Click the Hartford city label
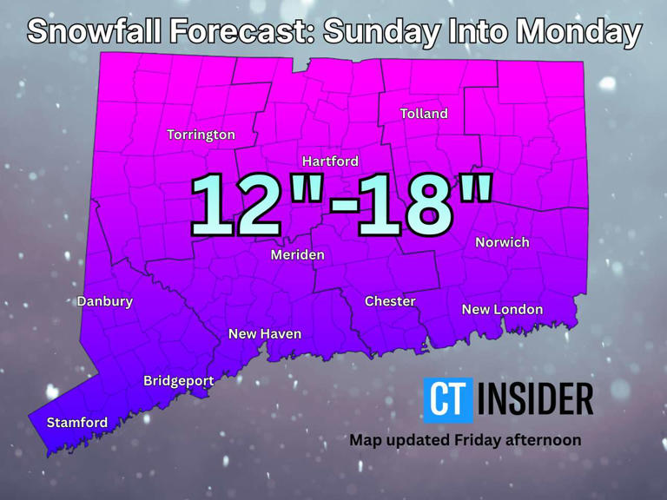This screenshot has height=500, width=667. pyautogui.click(x=330, y=161)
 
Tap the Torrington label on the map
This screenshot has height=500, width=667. pyautogui.click(x=201, y=135)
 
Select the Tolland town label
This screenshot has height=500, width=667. pyautogui.click(x=424, y=114)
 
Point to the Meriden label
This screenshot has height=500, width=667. pyautogui.click(x=297, y=254)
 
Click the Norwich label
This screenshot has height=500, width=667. pyautogui.click(x=502, y=242)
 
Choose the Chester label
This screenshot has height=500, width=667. pyautogui.click(x=390, y=301)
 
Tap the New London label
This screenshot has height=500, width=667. pyautogui.click(x=502, y=309)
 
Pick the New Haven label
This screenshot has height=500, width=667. pyautogui.click(x=265, y=333)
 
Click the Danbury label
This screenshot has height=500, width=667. pyautogui.click(x=105, y=301)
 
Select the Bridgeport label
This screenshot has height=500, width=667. pyautogui.click(x=178, y=380)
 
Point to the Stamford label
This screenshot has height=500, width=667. pyautogui.click(x=77, y=423)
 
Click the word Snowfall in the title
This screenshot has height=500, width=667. pyautogui.click(x=96, y=32)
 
